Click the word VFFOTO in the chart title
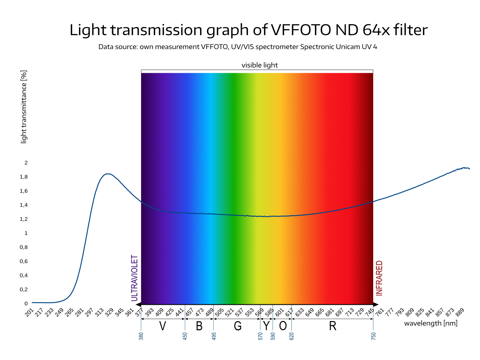click(x=301, y=30)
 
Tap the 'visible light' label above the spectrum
click(x=259, y=65)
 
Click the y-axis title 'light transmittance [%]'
click(x=24, y=107)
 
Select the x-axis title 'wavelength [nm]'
click(x=431, y=323)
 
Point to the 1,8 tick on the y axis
click(x=24, y=177)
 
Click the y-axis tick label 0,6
click(x=24, y=261)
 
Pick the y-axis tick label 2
click(x=26, y=163)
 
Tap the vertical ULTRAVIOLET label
click(x=134, y=278)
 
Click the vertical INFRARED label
click(x=379, y=278)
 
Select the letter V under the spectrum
click(x=162, y=326)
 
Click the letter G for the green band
click(x=238, y=326)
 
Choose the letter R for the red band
click(x=333, y=326)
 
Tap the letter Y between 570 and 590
click(x=266, y=326)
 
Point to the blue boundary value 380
click(x=141, y=336)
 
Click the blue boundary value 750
click(x=373, y=336)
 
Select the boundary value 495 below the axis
click(x=214, y=336)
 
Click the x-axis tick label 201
click(x=29, y=313)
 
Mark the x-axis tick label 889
click(x=460, y=313)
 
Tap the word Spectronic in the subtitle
click(x=316, y=47)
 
